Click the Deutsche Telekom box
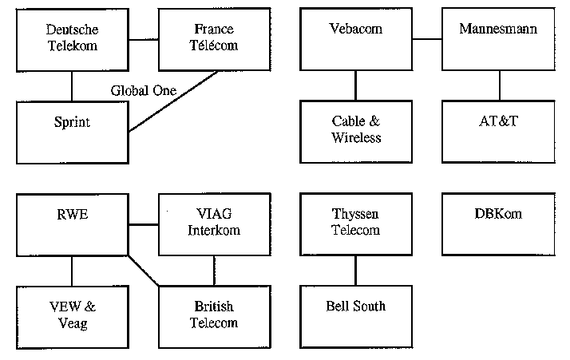72,38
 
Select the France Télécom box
214,38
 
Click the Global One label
143,90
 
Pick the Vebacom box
356,38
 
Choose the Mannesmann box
498,38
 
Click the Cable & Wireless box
356,131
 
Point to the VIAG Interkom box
214,224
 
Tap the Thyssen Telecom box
356,224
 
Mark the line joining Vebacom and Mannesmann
427,38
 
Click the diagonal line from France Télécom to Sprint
174,101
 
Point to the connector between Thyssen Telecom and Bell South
356,271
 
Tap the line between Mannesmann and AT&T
498,85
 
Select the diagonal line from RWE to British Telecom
144,271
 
